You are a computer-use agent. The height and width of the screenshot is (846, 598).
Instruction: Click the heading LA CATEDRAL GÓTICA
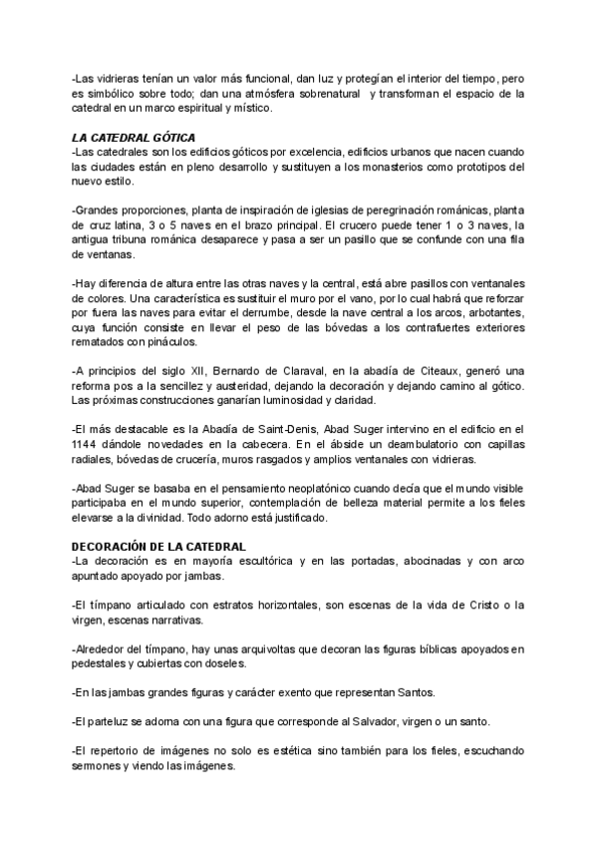click(134, 137)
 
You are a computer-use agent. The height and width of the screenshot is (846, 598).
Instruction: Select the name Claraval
click(287, 372)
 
